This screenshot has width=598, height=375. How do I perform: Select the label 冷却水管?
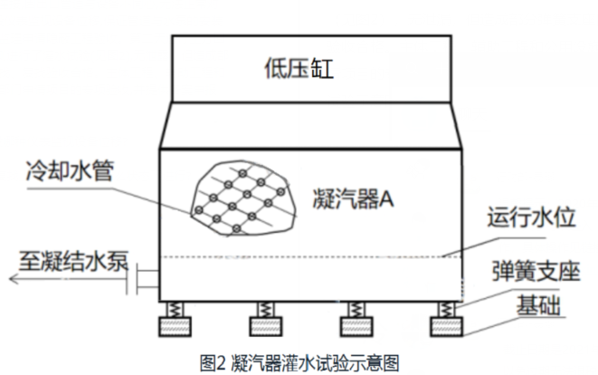(x=71, y=171)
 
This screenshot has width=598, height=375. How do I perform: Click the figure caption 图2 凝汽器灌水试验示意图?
(x=299, y=361)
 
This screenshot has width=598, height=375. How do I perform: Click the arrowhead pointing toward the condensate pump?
(x=13, y=279)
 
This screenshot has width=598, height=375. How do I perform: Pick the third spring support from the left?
(x=356, y=309)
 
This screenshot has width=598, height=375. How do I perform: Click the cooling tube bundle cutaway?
(x=242, y=193)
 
